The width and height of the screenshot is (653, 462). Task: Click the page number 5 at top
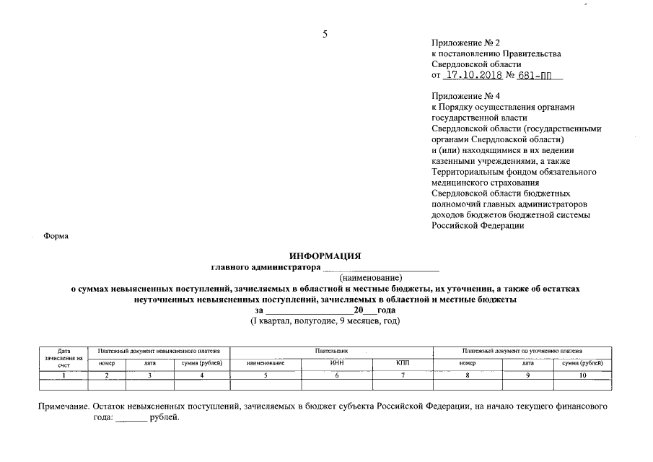pos(325,34)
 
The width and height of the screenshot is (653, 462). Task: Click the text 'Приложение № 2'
pos(465,43)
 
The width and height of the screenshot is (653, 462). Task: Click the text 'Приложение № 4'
pos(465,96)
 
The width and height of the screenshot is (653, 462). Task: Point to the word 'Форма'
pos(56,236)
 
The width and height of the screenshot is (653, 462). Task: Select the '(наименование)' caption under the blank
pos(371,277)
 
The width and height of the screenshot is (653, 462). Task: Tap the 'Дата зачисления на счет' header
pos(63,357)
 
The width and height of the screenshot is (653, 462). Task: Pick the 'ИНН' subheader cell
pos(336,363)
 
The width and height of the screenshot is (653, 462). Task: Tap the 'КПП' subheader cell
pos(402,363)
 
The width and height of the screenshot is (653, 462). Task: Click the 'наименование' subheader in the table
pos(266,363)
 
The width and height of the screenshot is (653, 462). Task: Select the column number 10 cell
pos(582,375)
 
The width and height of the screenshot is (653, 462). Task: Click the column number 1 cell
pos(63,375)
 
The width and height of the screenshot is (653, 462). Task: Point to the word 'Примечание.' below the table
pos(64,407)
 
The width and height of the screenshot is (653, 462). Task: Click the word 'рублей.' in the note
pos(163,418)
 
